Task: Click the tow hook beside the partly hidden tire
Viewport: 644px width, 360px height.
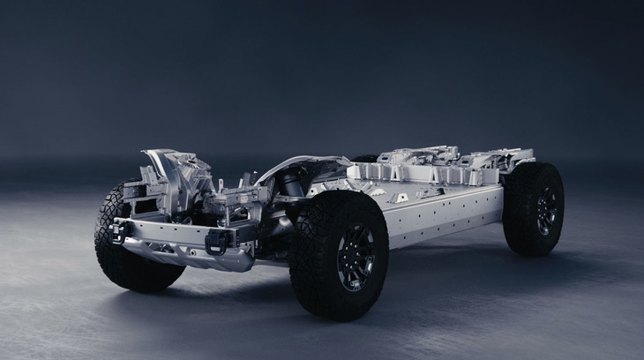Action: (118, 232)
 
